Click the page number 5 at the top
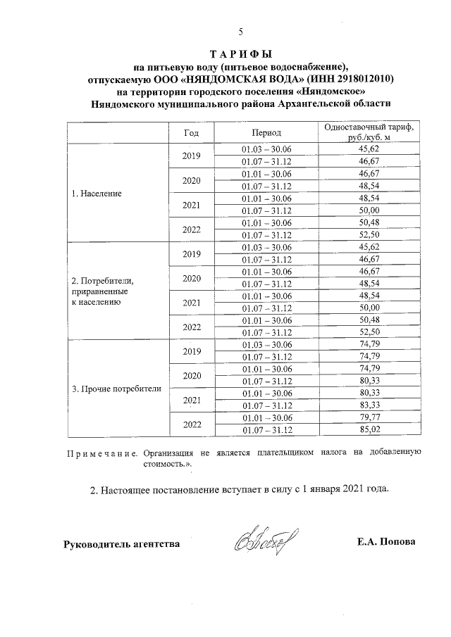pos(240,32)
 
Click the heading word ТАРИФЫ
pos(241,55)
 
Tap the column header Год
pos(191,132)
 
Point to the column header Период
pos(266,132)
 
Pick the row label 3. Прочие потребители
pos(117,388)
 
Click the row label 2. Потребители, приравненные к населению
pos(104,291)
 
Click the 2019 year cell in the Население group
pos(191,156)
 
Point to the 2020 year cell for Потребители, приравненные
pos(191,278)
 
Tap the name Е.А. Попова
pos(386,542)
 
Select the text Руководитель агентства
pos(121,543)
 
